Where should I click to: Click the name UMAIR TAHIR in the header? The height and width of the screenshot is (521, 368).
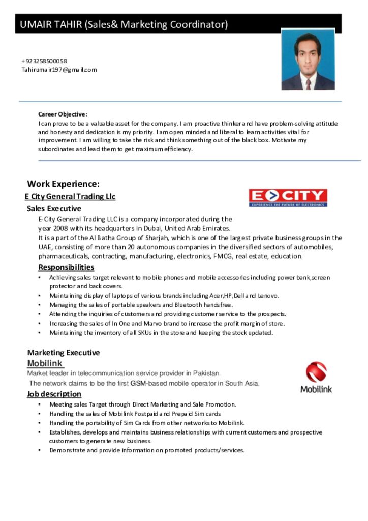point(51,24)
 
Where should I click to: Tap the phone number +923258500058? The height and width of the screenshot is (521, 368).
point(44,61)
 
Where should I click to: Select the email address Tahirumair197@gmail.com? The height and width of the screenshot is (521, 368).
point(59,70)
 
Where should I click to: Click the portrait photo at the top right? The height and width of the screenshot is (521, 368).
point(308,60)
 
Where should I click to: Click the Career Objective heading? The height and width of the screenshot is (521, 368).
point(63,114)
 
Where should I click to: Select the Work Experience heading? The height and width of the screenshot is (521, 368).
point(63,184)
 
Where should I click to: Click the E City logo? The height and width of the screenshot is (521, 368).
point(288,197)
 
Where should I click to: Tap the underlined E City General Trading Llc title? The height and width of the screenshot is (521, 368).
point(70,197)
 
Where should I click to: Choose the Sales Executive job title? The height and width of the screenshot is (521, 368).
point(54,208)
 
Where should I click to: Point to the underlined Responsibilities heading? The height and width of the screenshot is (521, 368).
point(66,267)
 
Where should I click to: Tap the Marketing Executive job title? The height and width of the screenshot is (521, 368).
point(64,352)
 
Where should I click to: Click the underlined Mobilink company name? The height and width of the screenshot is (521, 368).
point(45,363)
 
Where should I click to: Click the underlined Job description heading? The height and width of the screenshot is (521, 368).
point(54,394)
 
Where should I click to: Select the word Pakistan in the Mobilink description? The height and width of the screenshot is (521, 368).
point(207,373)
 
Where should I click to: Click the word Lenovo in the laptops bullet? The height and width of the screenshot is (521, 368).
point(268,296)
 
